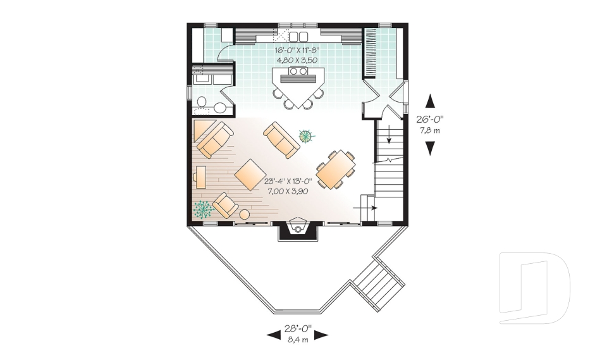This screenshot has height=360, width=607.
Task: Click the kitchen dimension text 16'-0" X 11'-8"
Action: [296, 50]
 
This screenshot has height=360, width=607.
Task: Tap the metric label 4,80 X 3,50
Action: [296, 60]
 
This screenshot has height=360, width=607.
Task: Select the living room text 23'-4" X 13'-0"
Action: [286, 181]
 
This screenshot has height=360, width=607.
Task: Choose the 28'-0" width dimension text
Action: [297, 330]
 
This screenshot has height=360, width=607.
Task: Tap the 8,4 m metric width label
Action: [297, 340]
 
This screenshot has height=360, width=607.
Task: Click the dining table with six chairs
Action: [336, 169]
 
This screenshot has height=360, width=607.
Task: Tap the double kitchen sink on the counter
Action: [298, 36]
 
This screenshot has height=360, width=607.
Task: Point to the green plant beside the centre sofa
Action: [307, 135]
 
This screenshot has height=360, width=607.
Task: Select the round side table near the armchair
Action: [245, 214]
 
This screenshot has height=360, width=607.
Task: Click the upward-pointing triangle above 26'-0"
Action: [430, 101]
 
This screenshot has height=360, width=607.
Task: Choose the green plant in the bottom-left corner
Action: [203, 209]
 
